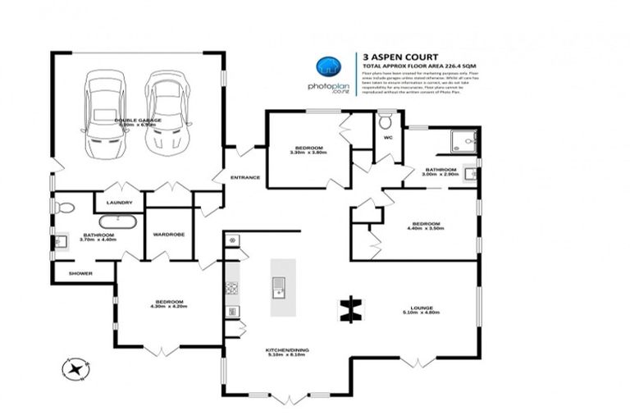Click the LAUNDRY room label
[x=119, y=203]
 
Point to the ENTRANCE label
[x=244, y=177]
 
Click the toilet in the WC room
[x=386, y=123]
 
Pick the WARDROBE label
[x=169, y=233]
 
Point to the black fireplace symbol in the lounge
[x=351, y=308]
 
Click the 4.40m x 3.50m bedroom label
[x=426, y=226]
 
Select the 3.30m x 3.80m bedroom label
[x=308, y=150]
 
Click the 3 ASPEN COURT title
[x=390, y=57]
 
